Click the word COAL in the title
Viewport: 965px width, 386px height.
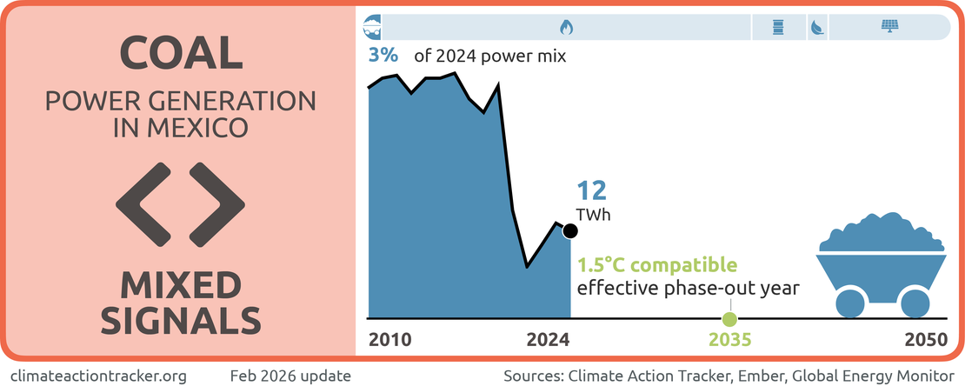[x=181, y=54]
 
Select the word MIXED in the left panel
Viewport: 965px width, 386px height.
[x=180, y=284]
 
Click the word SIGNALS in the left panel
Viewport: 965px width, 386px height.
[x=180, y=321]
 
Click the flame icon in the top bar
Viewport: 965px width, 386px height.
[x=566, y=27]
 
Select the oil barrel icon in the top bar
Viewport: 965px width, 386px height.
[x=778, y=27]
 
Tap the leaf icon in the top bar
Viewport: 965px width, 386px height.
[x=817, y=27]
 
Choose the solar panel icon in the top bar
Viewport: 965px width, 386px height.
[x=890, y=26]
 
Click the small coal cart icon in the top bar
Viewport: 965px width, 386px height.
[x=371, y=26]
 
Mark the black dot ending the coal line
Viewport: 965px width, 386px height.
[x=570, y=230]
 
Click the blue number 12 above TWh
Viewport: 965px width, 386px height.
[x=592, y=190]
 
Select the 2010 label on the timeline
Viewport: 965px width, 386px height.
[x=389, y=340]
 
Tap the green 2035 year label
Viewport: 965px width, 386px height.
[x=729, y=340]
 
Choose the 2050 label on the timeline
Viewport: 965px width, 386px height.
[x=925, y=340]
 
